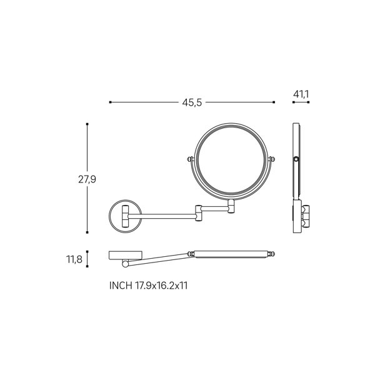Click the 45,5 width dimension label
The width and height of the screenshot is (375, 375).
click(x=192, y=102)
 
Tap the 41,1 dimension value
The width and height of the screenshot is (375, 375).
click(x=301, y=94)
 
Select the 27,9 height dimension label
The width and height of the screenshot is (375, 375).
click(x=87, y=179)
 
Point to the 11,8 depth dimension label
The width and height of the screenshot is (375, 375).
click(x=74, y=259)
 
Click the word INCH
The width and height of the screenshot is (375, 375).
click(x=121, y=286)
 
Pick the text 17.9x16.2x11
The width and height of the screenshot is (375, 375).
click(x=161, y=286)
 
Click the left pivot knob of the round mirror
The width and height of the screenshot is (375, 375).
click(x=190, y=159)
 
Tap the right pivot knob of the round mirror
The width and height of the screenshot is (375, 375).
click(x=271, y=159)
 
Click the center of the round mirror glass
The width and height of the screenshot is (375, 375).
click(x=232, y=162)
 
